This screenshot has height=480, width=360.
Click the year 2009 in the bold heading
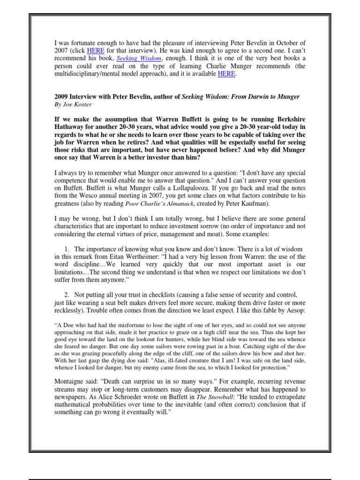click(62, 97)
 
